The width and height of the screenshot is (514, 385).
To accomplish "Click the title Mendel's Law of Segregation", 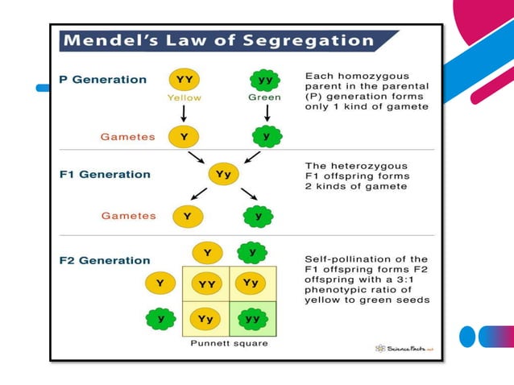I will [x=219, y=41].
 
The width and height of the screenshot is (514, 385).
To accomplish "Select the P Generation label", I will [x=103, y=80].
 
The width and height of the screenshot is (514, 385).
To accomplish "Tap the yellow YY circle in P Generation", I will [x=184, y=80].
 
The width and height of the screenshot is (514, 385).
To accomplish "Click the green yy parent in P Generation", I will [x=264, y=80].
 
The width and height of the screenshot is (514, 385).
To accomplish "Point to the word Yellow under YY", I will [x=184, y=97].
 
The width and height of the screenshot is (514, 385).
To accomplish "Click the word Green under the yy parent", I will [x=265, y=97].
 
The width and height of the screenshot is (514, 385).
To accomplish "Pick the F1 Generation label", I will [x=105, y=174].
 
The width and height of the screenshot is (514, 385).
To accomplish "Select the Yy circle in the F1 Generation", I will [x=223, y=174].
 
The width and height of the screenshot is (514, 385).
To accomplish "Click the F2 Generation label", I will [x=105, y=260].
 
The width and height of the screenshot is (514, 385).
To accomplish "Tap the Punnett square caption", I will [x=229, y=343].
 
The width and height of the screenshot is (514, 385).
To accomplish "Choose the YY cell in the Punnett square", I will [x=207, y=284].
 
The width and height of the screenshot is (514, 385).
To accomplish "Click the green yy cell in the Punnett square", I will [x=252, y=319].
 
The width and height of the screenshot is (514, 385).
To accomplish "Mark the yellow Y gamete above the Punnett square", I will [x=207, y=253].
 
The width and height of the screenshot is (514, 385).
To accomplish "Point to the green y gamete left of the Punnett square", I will [x=160, y=319].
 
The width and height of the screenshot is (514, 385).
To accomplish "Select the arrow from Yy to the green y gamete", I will [x=248, y=194].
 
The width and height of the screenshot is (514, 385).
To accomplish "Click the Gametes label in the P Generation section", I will [x=127, y=137].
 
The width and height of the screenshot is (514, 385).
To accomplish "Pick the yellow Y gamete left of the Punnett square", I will [x=160, y=284].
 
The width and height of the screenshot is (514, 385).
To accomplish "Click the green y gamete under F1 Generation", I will [x=259, y=216].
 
